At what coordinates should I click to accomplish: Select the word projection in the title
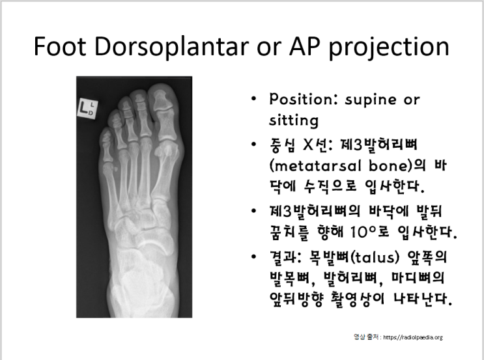click(385, 47)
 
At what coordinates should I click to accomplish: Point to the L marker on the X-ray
click(87, 107)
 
